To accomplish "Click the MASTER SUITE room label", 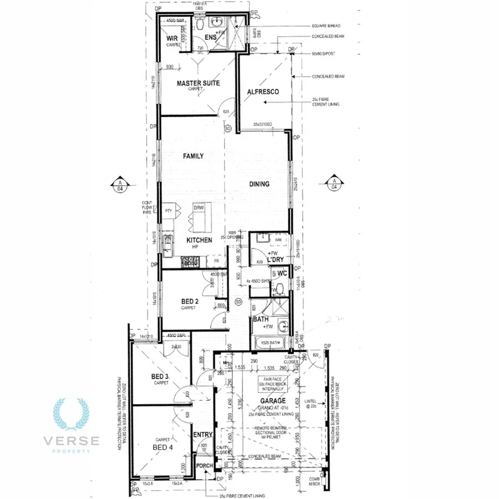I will click(x=198, y=83).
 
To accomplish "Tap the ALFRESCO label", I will click(x=263, y=91).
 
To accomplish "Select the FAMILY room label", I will click(x=194, y=156).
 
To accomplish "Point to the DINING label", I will click(x=259, y=184).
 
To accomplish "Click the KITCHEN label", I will click(x=199, y=240).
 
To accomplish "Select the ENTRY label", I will click(x=202, y=435).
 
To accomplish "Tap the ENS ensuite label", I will click(x=210, y=38).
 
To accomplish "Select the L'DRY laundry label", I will click(x=276, y=260).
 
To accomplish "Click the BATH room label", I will click(x=261, y=320).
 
